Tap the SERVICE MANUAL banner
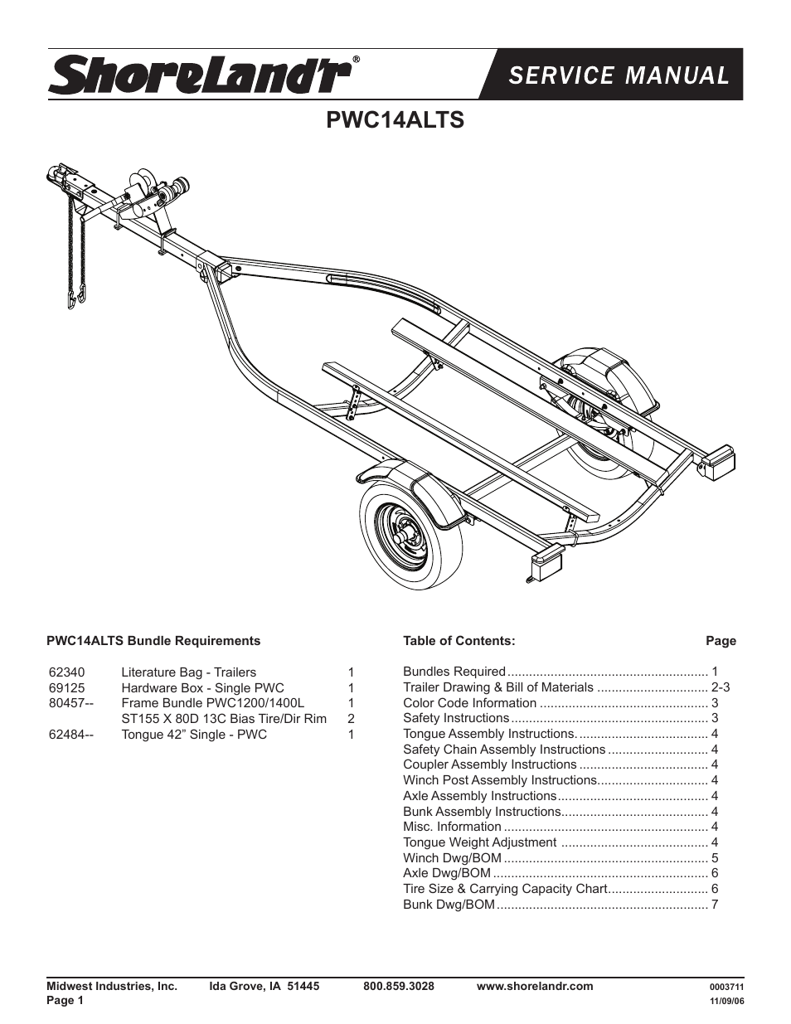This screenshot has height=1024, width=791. coord(619,75)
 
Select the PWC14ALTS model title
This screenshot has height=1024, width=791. coord(395,120)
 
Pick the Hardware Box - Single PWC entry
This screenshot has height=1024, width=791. coord(202,688)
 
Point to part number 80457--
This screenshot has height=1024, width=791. coord(71,703)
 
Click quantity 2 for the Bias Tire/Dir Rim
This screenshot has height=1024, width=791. coord(352,719)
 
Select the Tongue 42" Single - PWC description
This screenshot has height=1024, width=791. coord(194,735)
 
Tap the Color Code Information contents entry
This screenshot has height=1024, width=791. coord(469,703)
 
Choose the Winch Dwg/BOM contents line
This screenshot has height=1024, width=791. coord(452,858)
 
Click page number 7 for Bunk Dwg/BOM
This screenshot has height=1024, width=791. coord(715,905)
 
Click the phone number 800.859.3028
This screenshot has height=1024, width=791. coord(399,987)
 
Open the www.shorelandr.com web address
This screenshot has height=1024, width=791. coord(536,987)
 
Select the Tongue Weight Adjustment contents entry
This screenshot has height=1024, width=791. coord(479,842)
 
